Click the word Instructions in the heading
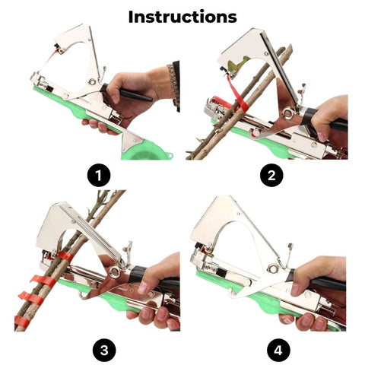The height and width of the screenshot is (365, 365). pos(182,17)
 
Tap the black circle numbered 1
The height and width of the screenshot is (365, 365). pos(99,176)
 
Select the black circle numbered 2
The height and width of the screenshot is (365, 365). pos(271,176)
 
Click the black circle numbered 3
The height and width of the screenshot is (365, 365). pos(104,351)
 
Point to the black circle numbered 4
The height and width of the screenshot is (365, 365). pos(278,351)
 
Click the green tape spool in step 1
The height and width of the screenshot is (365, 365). pos(146,150)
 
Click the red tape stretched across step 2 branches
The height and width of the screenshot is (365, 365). pos(237,95)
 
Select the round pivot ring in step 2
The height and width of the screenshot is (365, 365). pos(288,113)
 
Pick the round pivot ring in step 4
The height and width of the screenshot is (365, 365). pos(273,268)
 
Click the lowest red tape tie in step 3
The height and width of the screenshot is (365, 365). pos(22,321)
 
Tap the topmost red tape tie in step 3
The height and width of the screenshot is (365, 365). pos(65,256)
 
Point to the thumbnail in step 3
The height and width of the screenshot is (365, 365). pos(143,287)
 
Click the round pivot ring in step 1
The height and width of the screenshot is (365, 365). pos(92,81)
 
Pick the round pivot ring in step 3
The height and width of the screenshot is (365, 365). pos(115,271)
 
